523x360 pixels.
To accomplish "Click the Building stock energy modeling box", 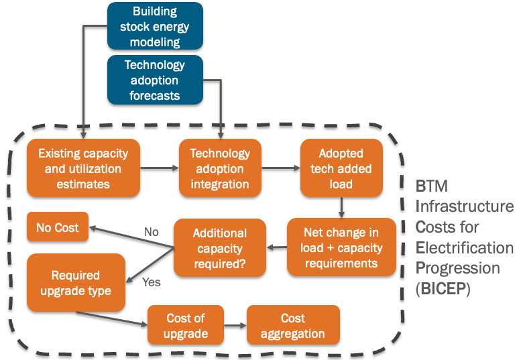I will click(155, 26).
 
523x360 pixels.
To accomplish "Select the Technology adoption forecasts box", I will click(155, 80).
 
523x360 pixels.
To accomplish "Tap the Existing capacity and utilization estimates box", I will click(83, 169).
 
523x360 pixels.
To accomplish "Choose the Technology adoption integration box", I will click(219, 169).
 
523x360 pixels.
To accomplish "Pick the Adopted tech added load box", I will click(341, 169).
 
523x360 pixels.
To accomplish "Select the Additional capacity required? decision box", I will click(220, 249).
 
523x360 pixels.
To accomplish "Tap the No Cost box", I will click(58, 228).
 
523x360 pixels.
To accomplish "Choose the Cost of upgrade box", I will click(185, 326).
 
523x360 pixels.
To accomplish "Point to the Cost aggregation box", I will click(293, 326).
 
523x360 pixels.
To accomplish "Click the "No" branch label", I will click(152, 232).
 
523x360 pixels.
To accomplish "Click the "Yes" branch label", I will click(152, 282).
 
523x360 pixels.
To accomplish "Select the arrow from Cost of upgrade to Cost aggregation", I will click(235, 326).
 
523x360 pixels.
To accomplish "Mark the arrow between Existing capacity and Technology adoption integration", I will click(160, 169).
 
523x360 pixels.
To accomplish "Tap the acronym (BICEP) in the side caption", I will click(445, 290).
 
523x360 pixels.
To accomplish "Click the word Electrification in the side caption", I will click(464, 248).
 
